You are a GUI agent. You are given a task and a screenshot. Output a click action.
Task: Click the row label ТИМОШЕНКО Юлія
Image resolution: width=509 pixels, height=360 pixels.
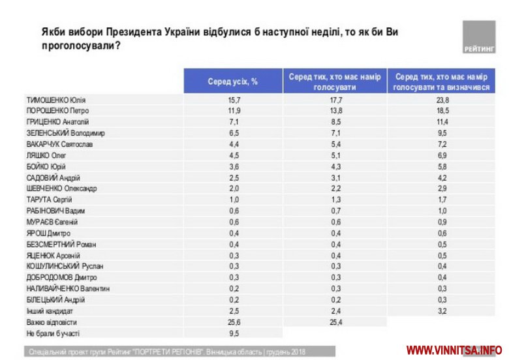(56, 100)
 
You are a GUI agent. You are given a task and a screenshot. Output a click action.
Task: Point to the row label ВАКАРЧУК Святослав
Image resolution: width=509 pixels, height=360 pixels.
(60, 144)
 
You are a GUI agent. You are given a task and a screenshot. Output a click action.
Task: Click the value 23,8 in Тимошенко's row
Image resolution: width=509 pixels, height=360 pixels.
(443, 100)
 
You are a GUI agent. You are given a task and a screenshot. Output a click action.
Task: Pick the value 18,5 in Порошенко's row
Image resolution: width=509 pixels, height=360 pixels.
(443, 111)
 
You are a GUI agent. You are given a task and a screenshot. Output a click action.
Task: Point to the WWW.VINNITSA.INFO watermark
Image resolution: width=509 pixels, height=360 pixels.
(454, 350)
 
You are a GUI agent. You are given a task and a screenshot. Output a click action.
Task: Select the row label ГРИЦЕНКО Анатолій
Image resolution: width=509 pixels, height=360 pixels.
(57, 122)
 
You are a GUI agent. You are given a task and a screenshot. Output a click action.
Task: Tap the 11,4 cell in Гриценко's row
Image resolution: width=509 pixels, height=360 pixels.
(443, 122)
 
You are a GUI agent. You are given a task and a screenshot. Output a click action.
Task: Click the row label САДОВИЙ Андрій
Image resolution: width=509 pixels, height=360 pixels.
(52, 177)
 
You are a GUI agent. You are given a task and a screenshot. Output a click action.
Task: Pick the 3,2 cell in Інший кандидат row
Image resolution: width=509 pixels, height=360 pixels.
(443, 311)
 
